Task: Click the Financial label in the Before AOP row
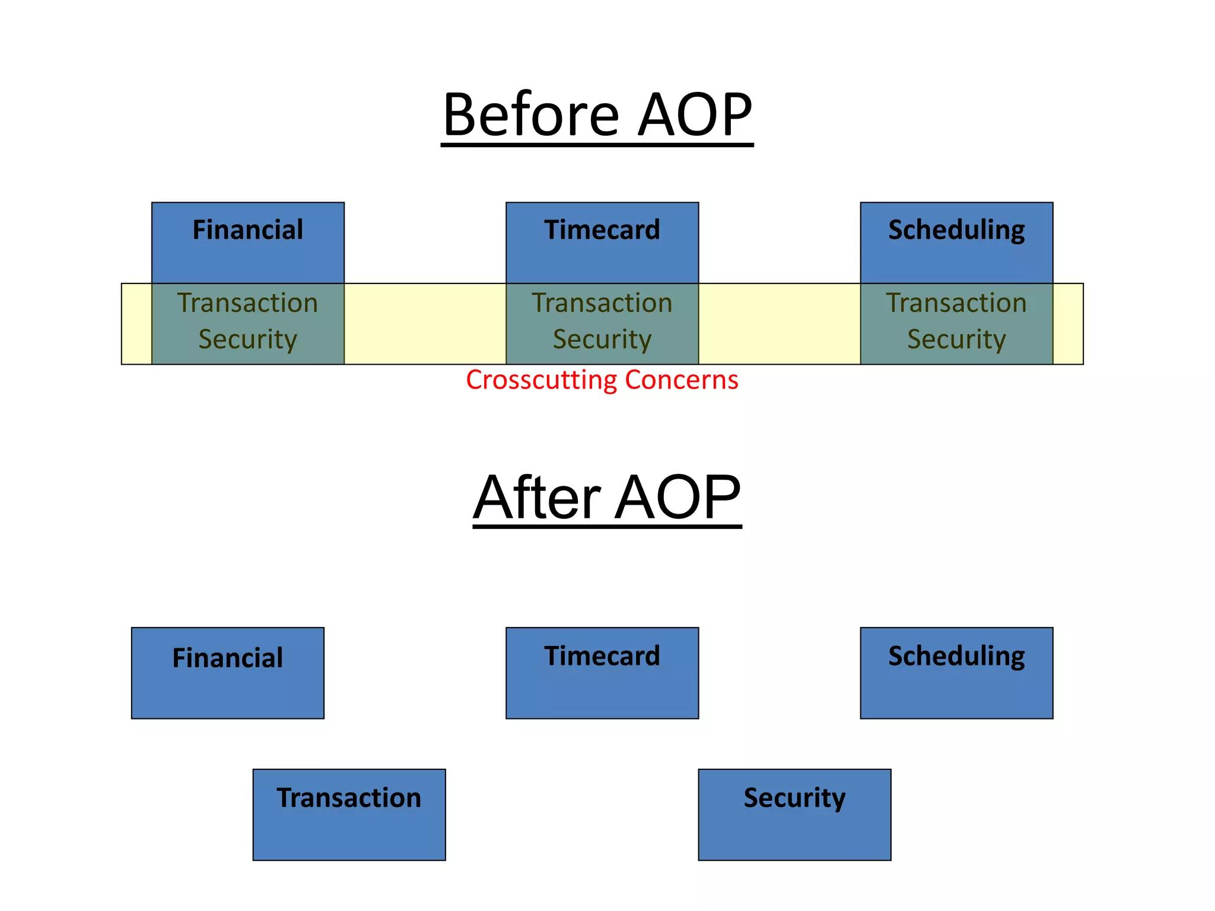pos(247,230)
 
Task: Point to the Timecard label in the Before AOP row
pos(602,230)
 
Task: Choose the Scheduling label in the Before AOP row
pos(956,230)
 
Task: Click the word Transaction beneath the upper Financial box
pos(247,303)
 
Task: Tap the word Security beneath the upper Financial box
pos(247,339)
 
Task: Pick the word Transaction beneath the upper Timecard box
pos(602,303)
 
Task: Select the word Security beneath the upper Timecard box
pos(602,339)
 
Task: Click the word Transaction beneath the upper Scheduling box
pos(956,303)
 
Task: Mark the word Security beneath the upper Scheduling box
pos(956,339)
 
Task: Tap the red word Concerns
pos(682,380)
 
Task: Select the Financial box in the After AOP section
pos(227,673)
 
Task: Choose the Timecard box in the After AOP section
pos(602,673)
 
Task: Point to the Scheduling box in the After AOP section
pos(956,673)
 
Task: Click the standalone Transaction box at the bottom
pos(349,814)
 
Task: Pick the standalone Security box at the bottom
pos(794,814)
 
